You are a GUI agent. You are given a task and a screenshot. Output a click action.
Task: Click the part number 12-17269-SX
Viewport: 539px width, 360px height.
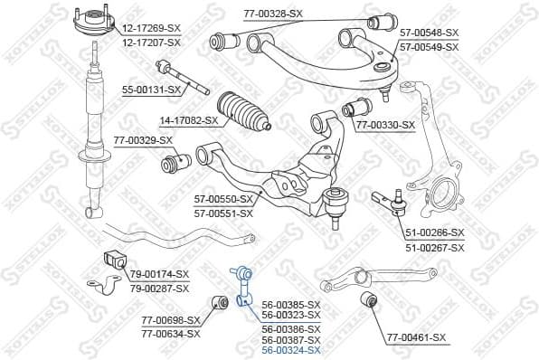point(150,29)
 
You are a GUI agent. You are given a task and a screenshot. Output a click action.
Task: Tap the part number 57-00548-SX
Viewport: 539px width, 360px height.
point(429,32)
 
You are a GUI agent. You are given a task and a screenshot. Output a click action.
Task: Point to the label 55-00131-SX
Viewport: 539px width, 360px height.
point(151,90)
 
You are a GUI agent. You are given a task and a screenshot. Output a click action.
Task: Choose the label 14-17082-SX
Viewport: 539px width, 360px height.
point(188,120)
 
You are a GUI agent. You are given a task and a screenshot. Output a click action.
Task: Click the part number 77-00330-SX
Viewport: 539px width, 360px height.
point(385,125)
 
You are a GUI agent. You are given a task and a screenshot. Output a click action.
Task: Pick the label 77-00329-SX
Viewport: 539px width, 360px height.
point(143,141)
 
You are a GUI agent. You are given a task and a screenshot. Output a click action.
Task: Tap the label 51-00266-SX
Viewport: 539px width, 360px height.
point(433,232)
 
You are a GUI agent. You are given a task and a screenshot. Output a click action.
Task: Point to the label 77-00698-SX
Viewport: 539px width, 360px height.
point(170,320)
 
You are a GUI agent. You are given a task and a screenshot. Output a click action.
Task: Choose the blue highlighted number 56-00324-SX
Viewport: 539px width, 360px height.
point(290,349)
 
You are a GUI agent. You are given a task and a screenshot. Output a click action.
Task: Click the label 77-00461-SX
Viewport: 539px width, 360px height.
point(416,338)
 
